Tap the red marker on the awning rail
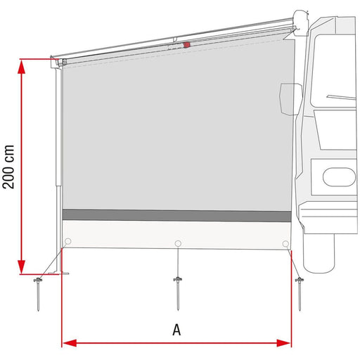pyautogui.click(x=186, y=44)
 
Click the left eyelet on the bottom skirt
pyautogui.click(x=67, y=243)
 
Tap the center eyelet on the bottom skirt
pyautogui.click(x=177, y=243)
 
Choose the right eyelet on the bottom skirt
pyautogui.click(x=285, y=243)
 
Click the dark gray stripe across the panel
pyautogui.click(x=176, y=215)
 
